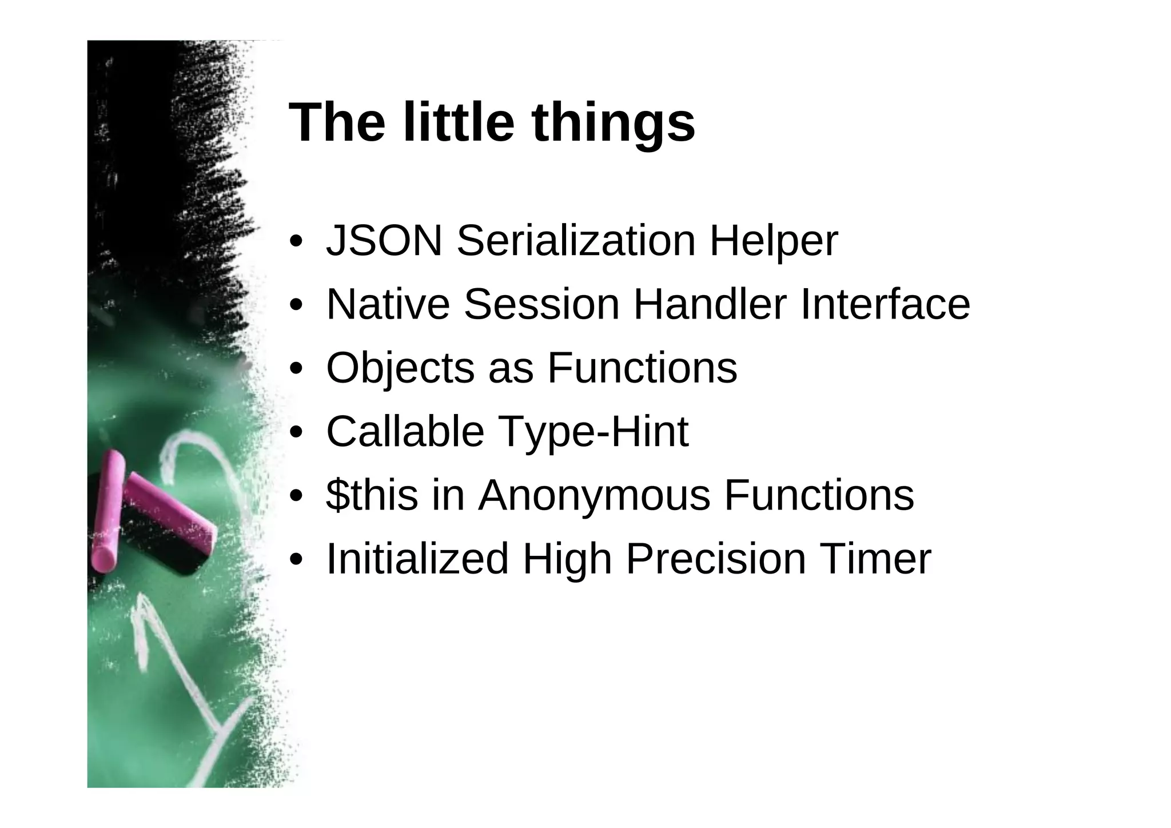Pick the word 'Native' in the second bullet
click(x=388, y=304)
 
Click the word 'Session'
click(x=541, y=304)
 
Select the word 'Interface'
click(x=885, y=304)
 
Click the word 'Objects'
click(x=400, y=369)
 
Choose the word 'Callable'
click(x=405, y=431)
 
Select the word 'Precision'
click(x=716, y=559)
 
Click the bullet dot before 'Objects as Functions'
click(x=296, y=369)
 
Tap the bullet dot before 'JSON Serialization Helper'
click(x=296, y=241)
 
